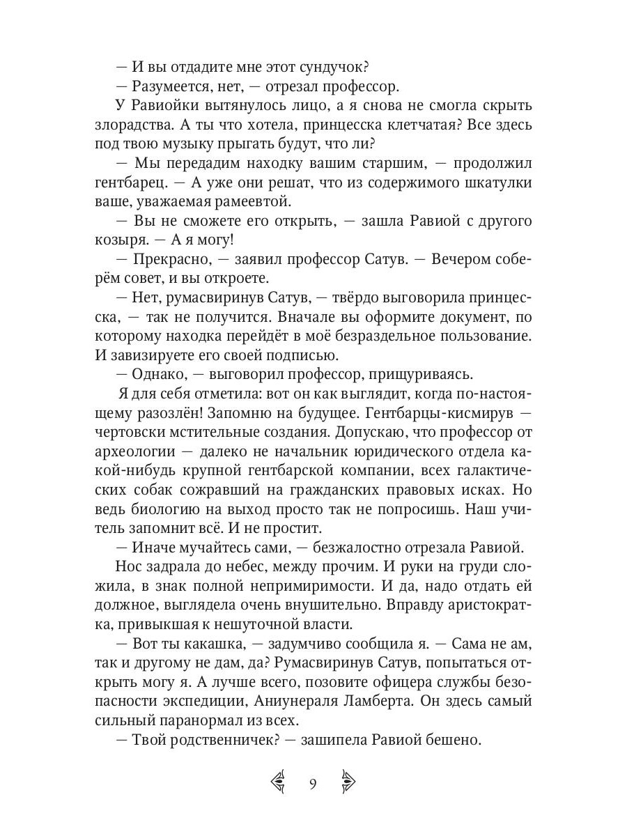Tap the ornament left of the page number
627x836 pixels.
point(279,784)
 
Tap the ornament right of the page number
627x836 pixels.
point(348,784)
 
